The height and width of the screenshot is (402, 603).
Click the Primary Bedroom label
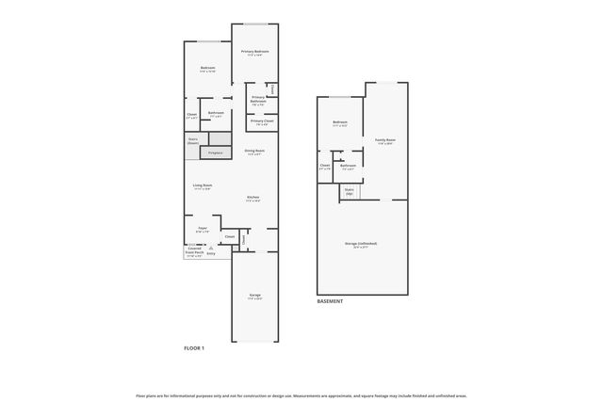[255, 52]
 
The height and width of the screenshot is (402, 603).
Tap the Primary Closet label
[262, 121]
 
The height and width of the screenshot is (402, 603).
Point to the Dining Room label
[254, 152]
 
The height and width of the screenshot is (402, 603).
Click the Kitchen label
[253, 199]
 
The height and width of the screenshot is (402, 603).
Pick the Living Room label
[203, 186]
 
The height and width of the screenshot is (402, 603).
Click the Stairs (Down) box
[193, 142]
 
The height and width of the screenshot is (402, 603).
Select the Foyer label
[202, 229]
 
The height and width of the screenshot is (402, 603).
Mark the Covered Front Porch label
[194, 251]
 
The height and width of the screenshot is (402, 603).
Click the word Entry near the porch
[211, 253]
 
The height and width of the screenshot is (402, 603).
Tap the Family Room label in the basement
[385, 141]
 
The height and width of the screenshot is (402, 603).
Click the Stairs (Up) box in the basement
[349, 191]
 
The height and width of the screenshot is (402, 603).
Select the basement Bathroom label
[348, 167]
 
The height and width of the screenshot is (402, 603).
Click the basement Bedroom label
[340, 123]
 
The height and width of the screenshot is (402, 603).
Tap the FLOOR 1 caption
[194, 348]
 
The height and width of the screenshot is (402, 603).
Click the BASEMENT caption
[330, 301]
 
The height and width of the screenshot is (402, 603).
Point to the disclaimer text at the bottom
[301, 395]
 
